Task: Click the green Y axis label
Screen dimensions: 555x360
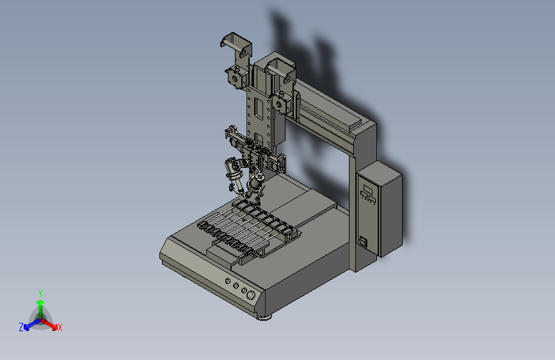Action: (40, 293)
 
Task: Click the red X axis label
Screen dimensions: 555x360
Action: (60, 328)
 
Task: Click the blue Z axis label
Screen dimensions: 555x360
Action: (21, 327)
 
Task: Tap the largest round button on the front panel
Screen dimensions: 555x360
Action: (250, 295)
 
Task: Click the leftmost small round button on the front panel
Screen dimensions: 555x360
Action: (228, 281)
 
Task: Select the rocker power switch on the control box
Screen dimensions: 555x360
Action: (363, 241)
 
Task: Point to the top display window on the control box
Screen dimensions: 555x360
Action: (368, 189)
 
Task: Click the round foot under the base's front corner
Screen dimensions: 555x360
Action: (264, 318)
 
